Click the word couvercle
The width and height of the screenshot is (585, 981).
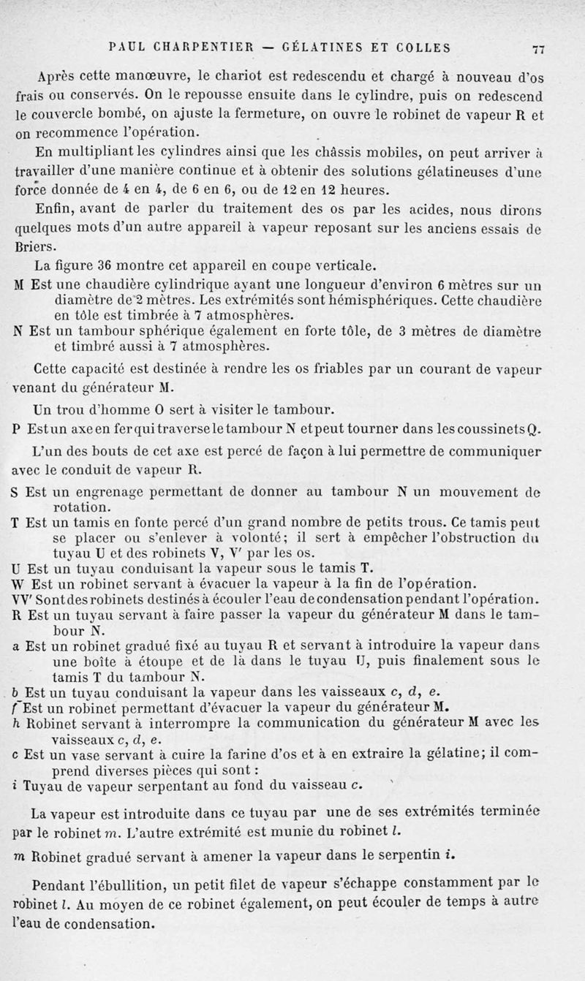48,115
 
